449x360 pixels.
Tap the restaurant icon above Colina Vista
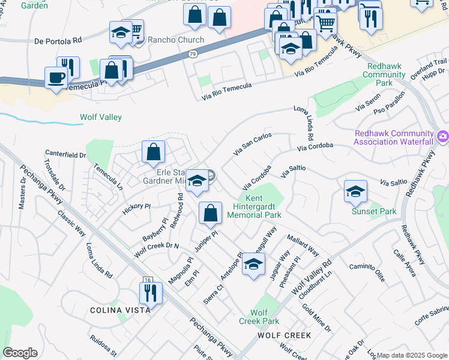[149, 292]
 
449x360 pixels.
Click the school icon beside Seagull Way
[254, 264]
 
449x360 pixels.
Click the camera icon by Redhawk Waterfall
[442, 137]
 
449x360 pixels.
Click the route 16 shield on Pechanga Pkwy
[147, 281]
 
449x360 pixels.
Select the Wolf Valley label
[101, 118]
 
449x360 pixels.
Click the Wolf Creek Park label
[259, 317]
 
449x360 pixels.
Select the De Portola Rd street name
[58, 41]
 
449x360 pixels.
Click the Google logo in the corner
[20, 353]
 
